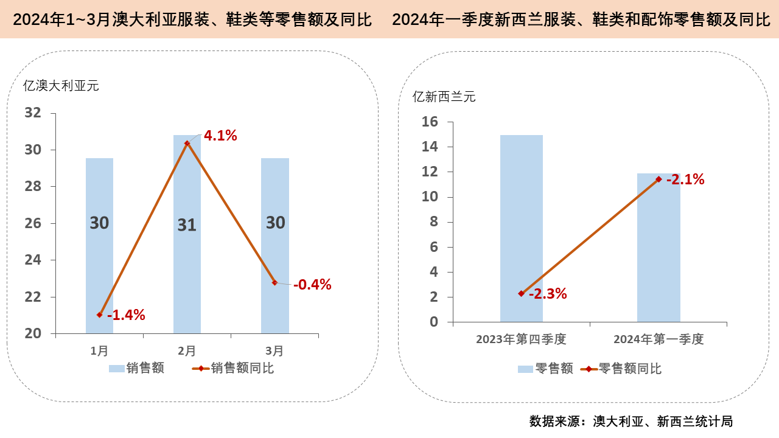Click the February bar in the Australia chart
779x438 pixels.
pos(187,274)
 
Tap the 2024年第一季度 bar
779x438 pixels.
pos(658,255)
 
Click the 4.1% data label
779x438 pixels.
pos(220,136)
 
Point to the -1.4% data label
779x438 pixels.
pos(126,315)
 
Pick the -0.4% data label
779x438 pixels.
pos(312,284)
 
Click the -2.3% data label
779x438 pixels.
pos(548,294)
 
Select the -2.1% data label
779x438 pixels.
pos(685,179)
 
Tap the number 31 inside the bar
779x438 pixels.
pos(187,225)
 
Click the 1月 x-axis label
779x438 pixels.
pos(99,351)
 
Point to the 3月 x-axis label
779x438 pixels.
pos(274,351)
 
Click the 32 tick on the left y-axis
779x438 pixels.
pos(33,113)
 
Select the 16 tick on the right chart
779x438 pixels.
pos(430,122)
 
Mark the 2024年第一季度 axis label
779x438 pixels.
pos(658,339)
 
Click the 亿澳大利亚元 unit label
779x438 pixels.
pos(61,86)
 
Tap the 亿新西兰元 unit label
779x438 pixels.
pos(444,96)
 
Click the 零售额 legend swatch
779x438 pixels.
pos(525,369)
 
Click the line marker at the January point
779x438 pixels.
pos(99,315)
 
